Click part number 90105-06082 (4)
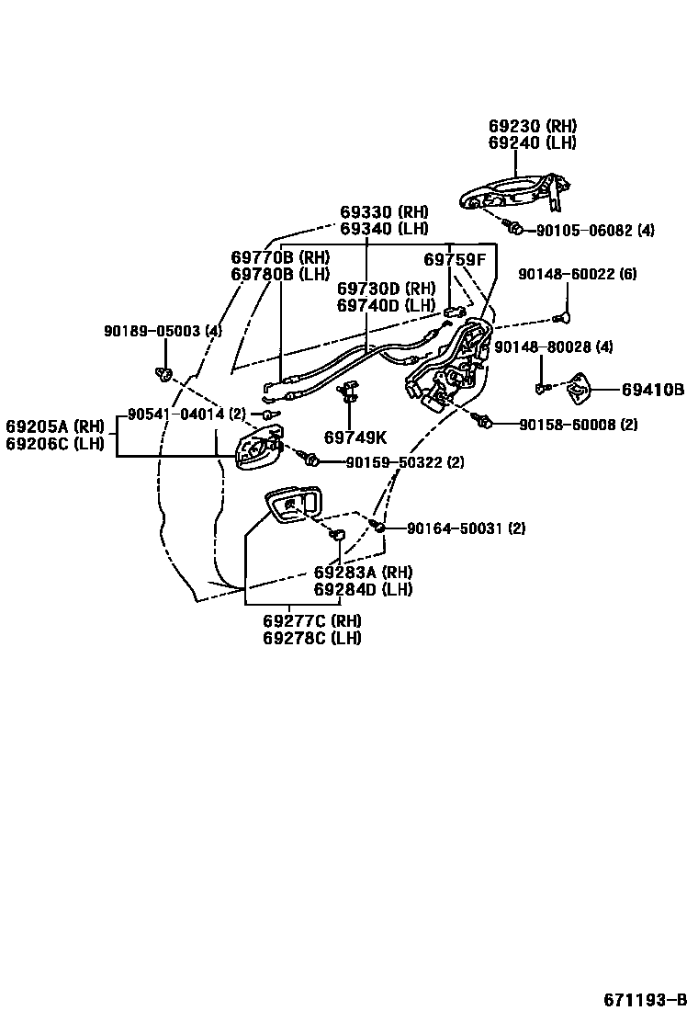coord(595,231)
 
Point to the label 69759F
coord(454,260)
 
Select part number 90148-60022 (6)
coord(577,274)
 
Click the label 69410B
coord(652,390)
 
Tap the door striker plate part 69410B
coord(580,390)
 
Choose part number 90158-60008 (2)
coord(578,425)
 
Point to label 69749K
coord(355,437)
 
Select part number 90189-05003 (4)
coord(162,331)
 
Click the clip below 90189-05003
coord(164,372)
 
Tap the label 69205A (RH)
coord(55,426)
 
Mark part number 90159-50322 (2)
coord(404,461)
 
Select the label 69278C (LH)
coord(311,638)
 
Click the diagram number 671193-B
coord(645,999)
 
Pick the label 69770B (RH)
coord(280,257)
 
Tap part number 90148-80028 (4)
coord(553,346)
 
